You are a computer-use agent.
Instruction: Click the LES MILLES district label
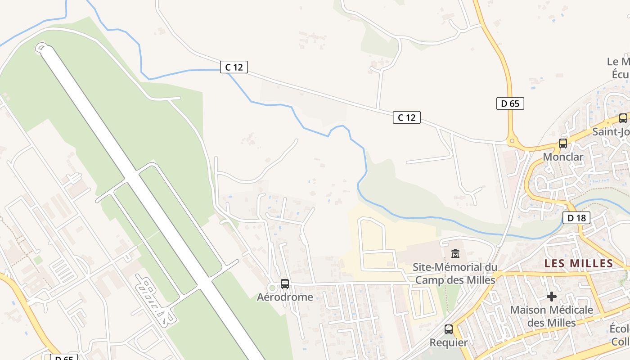[579, 263]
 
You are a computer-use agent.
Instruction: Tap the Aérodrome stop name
[285, 297]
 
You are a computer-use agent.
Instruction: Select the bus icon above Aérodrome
[285, 284]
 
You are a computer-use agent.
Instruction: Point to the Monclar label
[563, 157]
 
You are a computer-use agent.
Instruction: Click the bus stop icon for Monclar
[563, 144]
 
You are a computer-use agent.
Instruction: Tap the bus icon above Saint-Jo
[623, 118]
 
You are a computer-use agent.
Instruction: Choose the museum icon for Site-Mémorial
[455, 254]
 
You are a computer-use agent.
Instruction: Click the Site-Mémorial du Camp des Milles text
[455, 274]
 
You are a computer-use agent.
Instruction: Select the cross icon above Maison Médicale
[551, 297]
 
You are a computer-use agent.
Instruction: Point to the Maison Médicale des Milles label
[551, 316]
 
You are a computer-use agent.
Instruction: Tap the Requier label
[449, 342]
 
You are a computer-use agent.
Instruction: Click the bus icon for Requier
[449, 329]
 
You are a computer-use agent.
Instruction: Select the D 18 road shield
[576, 218]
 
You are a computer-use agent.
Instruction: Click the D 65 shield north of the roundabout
[510, 103]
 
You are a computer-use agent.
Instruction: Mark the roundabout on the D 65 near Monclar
[512, 141]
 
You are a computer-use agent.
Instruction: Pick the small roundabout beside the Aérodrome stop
[272, 288]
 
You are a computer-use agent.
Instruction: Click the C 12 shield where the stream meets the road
[234, 67]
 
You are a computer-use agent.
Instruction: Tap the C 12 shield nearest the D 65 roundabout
[407, 117]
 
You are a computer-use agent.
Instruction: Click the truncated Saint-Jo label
[611, 132]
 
